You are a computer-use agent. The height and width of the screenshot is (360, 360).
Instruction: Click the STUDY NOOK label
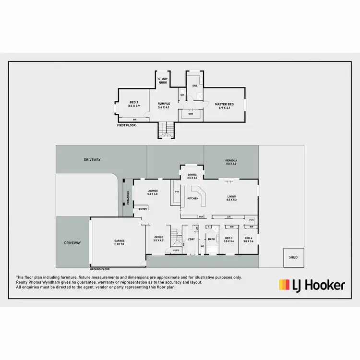pyautogui.click(x=163, y=81)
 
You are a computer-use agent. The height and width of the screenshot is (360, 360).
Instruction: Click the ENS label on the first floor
pyautogui.click(x=195, y=85)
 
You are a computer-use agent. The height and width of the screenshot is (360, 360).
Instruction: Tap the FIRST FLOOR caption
pyautogui.click(x=127, y=125)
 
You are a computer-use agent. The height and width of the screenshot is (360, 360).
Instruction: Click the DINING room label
pyautogui.click(x=192, y=176)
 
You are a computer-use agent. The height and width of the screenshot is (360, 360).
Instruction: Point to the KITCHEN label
pyautogui.click(x=193, y=198)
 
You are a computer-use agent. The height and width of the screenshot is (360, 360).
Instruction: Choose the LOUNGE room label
pyautogui.click(x=153, y=192)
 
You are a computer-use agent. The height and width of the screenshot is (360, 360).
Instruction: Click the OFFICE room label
pyautogui.click(x=158, y=238)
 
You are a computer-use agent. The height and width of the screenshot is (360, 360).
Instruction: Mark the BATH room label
pyautogui.click(x=211, y=239)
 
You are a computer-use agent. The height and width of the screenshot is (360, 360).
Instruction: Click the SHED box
pyautogui.click(x=293, y=257)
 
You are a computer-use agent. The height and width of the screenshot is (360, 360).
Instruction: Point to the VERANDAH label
pyautogui.click(x=128, y=198)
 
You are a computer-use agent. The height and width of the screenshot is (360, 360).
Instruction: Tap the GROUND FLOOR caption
pyautogui.click(x=100, y=269)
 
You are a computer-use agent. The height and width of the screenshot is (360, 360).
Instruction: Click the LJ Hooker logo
pyautogui.click(x=312, y=285)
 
